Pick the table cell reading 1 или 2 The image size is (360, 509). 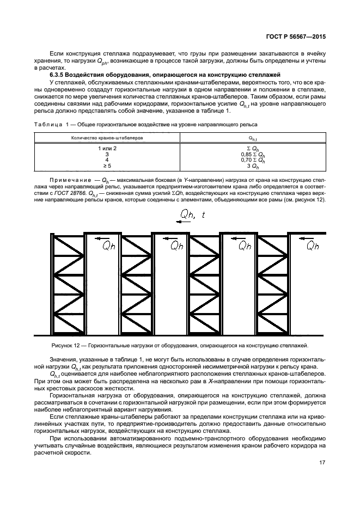[107, 148]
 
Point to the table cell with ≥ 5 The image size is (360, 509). [107, 166]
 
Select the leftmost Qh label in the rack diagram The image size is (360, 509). [109, 246]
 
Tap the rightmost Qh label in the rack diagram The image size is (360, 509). [313, 246]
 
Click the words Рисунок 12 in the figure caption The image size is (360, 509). [66, 345]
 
